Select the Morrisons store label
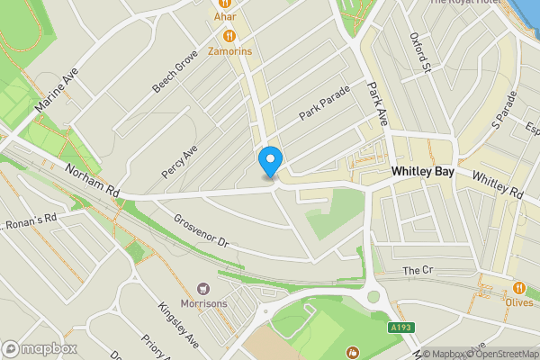coord(203,303)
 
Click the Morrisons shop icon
coord(203,288)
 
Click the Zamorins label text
coord(230,52)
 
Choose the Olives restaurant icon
coord(519,288)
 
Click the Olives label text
coord(519,303)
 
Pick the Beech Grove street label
coord(175,73)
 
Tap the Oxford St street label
coord(420,51)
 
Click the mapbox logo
coord(39,348)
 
